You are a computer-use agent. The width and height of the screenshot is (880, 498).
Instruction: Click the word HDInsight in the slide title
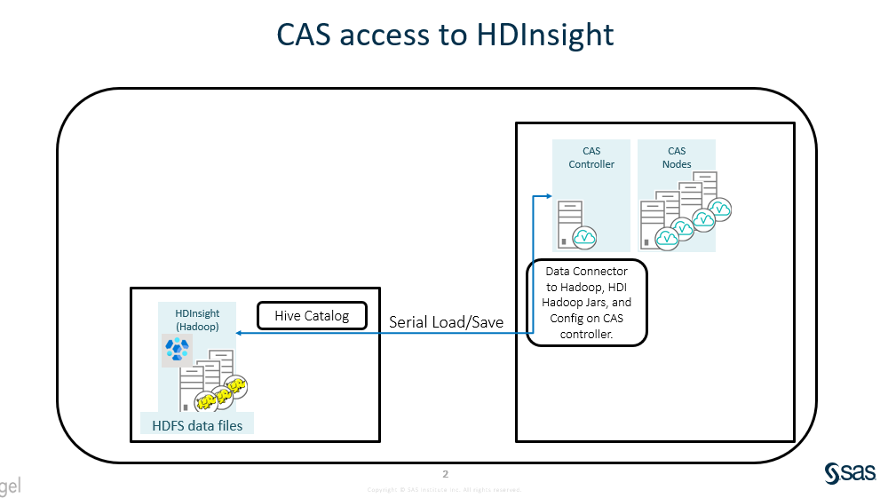(545, 34)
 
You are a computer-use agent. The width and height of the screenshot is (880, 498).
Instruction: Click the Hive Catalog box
(312, 316)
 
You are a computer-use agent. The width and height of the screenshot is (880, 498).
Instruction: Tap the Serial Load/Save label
(447, 321)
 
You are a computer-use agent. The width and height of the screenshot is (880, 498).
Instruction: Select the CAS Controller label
(591, 157)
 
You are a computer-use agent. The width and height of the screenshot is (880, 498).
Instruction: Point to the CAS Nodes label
(677, 157)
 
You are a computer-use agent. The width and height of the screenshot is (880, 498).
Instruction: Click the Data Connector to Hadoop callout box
(587, 303)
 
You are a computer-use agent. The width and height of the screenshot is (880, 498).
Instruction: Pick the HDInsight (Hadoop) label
(197, 320)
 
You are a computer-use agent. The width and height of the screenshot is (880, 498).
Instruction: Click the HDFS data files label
(197, 424)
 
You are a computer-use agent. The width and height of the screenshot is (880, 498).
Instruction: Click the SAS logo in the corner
(851, 474)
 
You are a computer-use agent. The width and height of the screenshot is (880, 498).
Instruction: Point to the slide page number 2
(446, 473)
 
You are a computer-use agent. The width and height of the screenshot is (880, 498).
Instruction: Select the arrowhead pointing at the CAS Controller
(547, 195)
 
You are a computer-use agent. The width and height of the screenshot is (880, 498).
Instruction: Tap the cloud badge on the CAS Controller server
(584, 237)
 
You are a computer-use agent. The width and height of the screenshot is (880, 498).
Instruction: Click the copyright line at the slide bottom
(444, 489)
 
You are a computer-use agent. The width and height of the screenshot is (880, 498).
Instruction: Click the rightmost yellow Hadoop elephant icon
(236, 385)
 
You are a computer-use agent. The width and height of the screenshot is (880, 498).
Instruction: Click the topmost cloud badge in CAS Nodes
(720, 208)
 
